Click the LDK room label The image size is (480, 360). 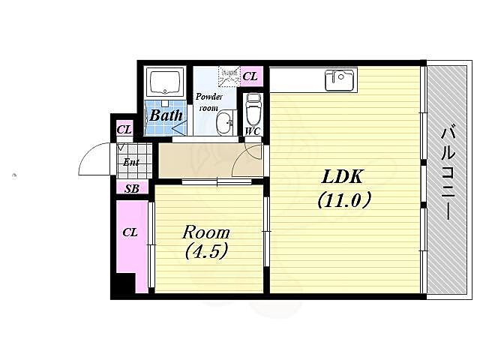342,176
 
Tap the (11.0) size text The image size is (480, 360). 344,200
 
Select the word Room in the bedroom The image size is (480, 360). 206,232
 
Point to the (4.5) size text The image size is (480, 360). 206,251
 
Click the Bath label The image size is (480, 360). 166,115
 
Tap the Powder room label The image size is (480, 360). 209,102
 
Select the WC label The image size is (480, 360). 253,131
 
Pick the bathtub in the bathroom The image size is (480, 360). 165,82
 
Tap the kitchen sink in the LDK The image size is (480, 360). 340,80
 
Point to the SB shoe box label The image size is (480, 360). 132,189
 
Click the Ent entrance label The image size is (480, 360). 131,162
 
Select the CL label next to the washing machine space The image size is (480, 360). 250,76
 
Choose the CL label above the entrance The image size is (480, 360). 124,130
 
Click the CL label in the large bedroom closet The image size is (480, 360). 130,232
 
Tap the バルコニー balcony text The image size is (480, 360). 447,175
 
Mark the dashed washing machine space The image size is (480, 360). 229,76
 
